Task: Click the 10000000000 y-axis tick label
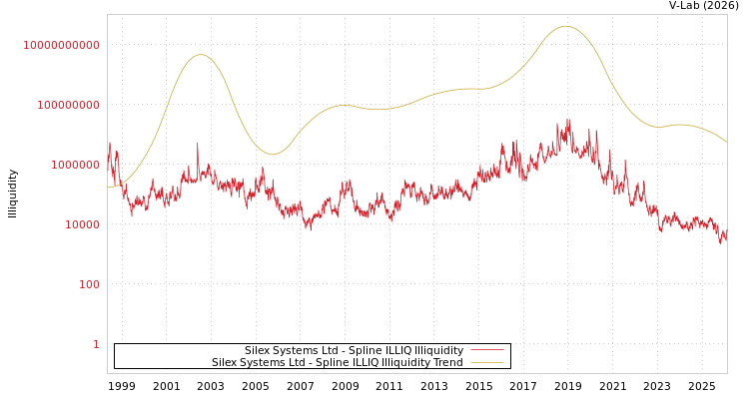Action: (x=61, y=45)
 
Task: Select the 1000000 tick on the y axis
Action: (x=68, y=165)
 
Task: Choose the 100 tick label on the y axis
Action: (x=89, y=284)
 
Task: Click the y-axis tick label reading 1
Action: (x=96, y=344)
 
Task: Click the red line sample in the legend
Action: (x=486, y=351)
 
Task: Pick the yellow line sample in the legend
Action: (x=486, y=363)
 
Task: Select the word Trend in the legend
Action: (x=445, y=363)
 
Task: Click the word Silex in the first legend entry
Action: (x=259, y=351)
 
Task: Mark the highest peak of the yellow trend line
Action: (x=565, y=26)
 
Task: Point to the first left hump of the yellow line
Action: (x=201, y=55)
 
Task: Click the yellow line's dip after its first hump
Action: (x=272, y=155)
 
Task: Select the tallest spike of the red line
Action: (x=568, y=121)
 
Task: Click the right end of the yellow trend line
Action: (x=726, y=142)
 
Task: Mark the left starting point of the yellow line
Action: (x=108, y=187)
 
